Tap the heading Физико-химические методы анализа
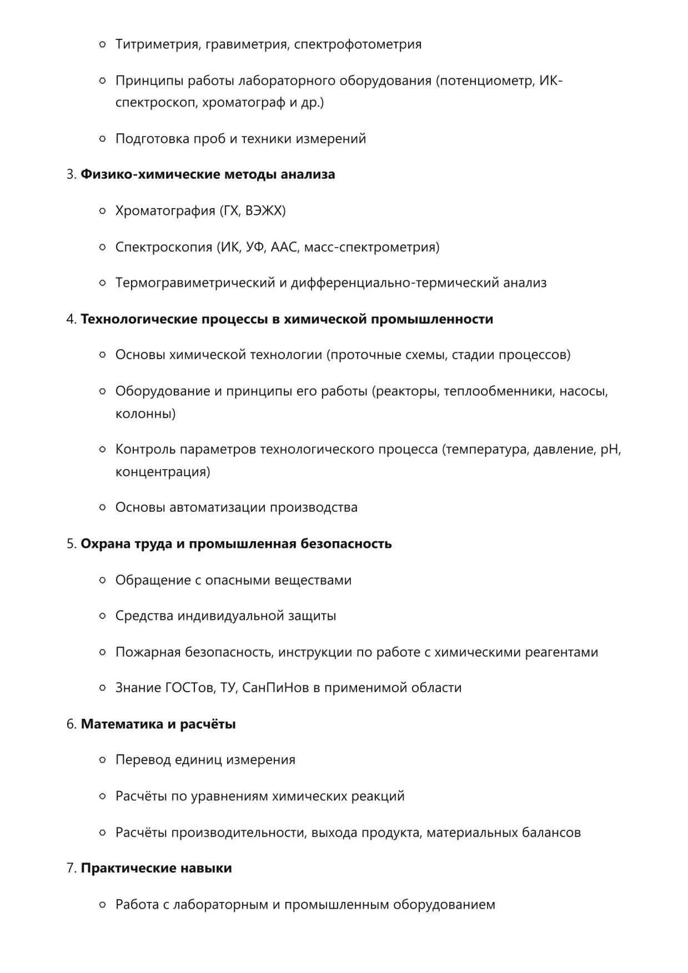pos(208,174)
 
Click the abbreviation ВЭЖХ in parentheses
pos(265,211)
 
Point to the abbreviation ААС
pos(284,247)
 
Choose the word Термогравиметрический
pos(195,283)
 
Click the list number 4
pos(71,319)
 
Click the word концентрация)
pos(163,472)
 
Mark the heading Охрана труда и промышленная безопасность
pos(236,543)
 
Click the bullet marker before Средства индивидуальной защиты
pos(102,616)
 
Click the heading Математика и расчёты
pos(158,724)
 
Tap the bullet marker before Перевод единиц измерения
pos(102,760)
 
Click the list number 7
pos(71,868)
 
